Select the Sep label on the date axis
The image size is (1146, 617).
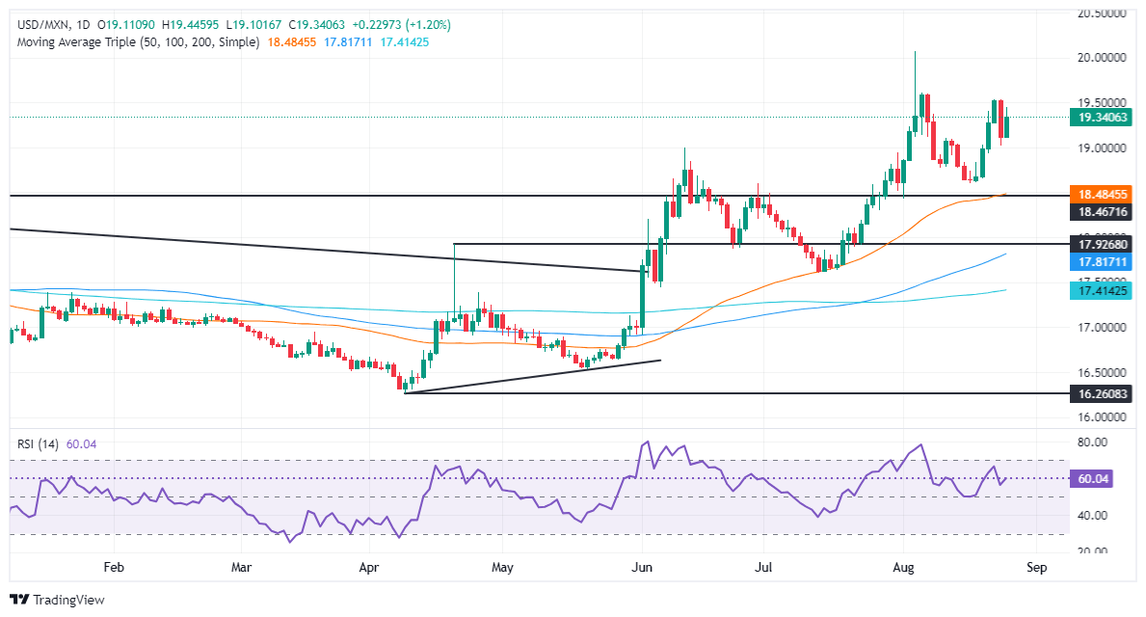(1036, 569)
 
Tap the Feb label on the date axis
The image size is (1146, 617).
(114, 569)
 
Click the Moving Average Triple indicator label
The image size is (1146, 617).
(135, 42)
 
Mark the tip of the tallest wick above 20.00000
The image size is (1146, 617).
(915, 51)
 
